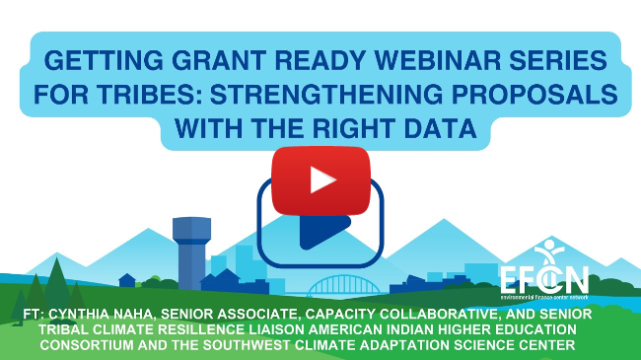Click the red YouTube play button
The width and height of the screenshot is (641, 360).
coord(320,179)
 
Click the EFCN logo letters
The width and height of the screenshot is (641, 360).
coord(545,278)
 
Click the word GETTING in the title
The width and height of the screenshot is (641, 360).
coord(103,63)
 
